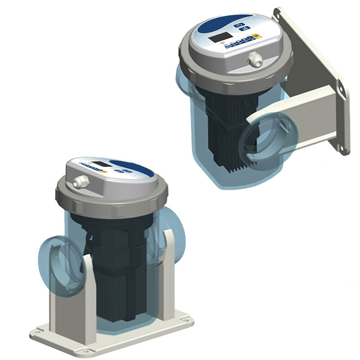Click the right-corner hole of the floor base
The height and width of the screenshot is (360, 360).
pos(185,321)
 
